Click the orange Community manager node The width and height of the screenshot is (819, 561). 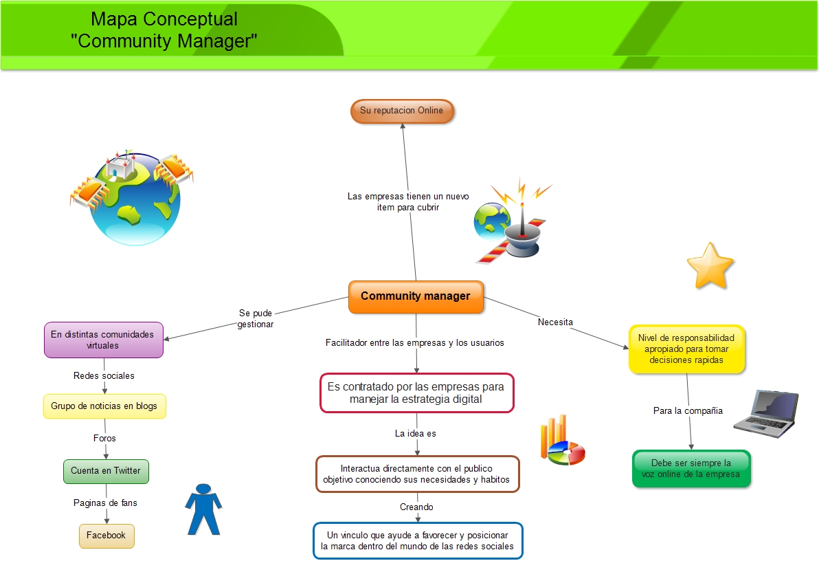416,297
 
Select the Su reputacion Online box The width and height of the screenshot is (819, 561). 402,111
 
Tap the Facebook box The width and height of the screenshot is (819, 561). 106,536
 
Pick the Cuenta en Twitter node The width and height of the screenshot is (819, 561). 106,471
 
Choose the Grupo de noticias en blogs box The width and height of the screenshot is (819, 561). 104,406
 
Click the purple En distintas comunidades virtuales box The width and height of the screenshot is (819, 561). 104,340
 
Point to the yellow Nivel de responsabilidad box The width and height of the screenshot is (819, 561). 686,349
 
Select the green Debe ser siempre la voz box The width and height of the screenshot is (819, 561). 691,468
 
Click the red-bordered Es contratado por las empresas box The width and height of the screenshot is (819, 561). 417,393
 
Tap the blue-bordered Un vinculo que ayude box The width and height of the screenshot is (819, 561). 418,540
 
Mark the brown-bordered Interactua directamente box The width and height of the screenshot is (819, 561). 417,474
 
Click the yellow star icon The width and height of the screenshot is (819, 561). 710,266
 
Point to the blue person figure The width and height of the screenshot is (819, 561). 203,509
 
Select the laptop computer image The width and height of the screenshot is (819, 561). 767,413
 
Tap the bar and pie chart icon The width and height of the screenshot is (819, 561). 562,440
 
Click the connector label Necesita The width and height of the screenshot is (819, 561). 555,322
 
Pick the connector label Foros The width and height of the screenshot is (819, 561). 104,438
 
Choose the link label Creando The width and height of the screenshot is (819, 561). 416,507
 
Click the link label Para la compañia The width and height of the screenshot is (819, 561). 688,411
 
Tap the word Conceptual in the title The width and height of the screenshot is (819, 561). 190,19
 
